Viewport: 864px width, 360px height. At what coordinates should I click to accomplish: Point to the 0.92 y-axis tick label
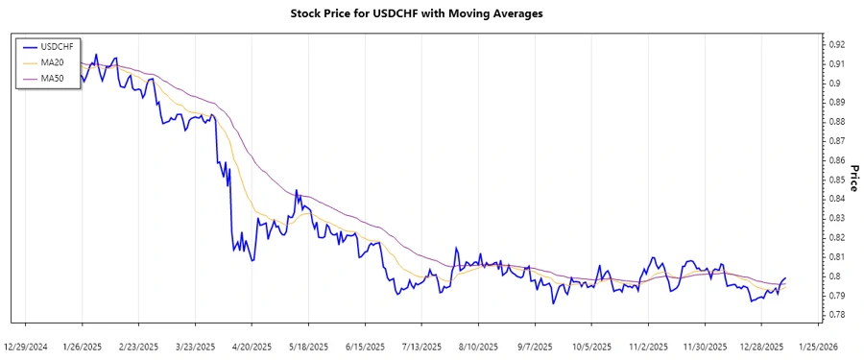click(x=835, y=44)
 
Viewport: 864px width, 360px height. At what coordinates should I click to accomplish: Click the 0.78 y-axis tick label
click(x=835, y=315)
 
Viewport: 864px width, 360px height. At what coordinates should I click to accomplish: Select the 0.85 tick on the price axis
click(x=835, y=180)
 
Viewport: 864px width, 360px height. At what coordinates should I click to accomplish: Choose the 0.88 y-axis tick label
click(x=835, y=122)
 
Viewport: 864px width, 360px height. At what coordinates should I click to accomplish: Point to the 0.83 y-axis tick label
click(x=835, y=218)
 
